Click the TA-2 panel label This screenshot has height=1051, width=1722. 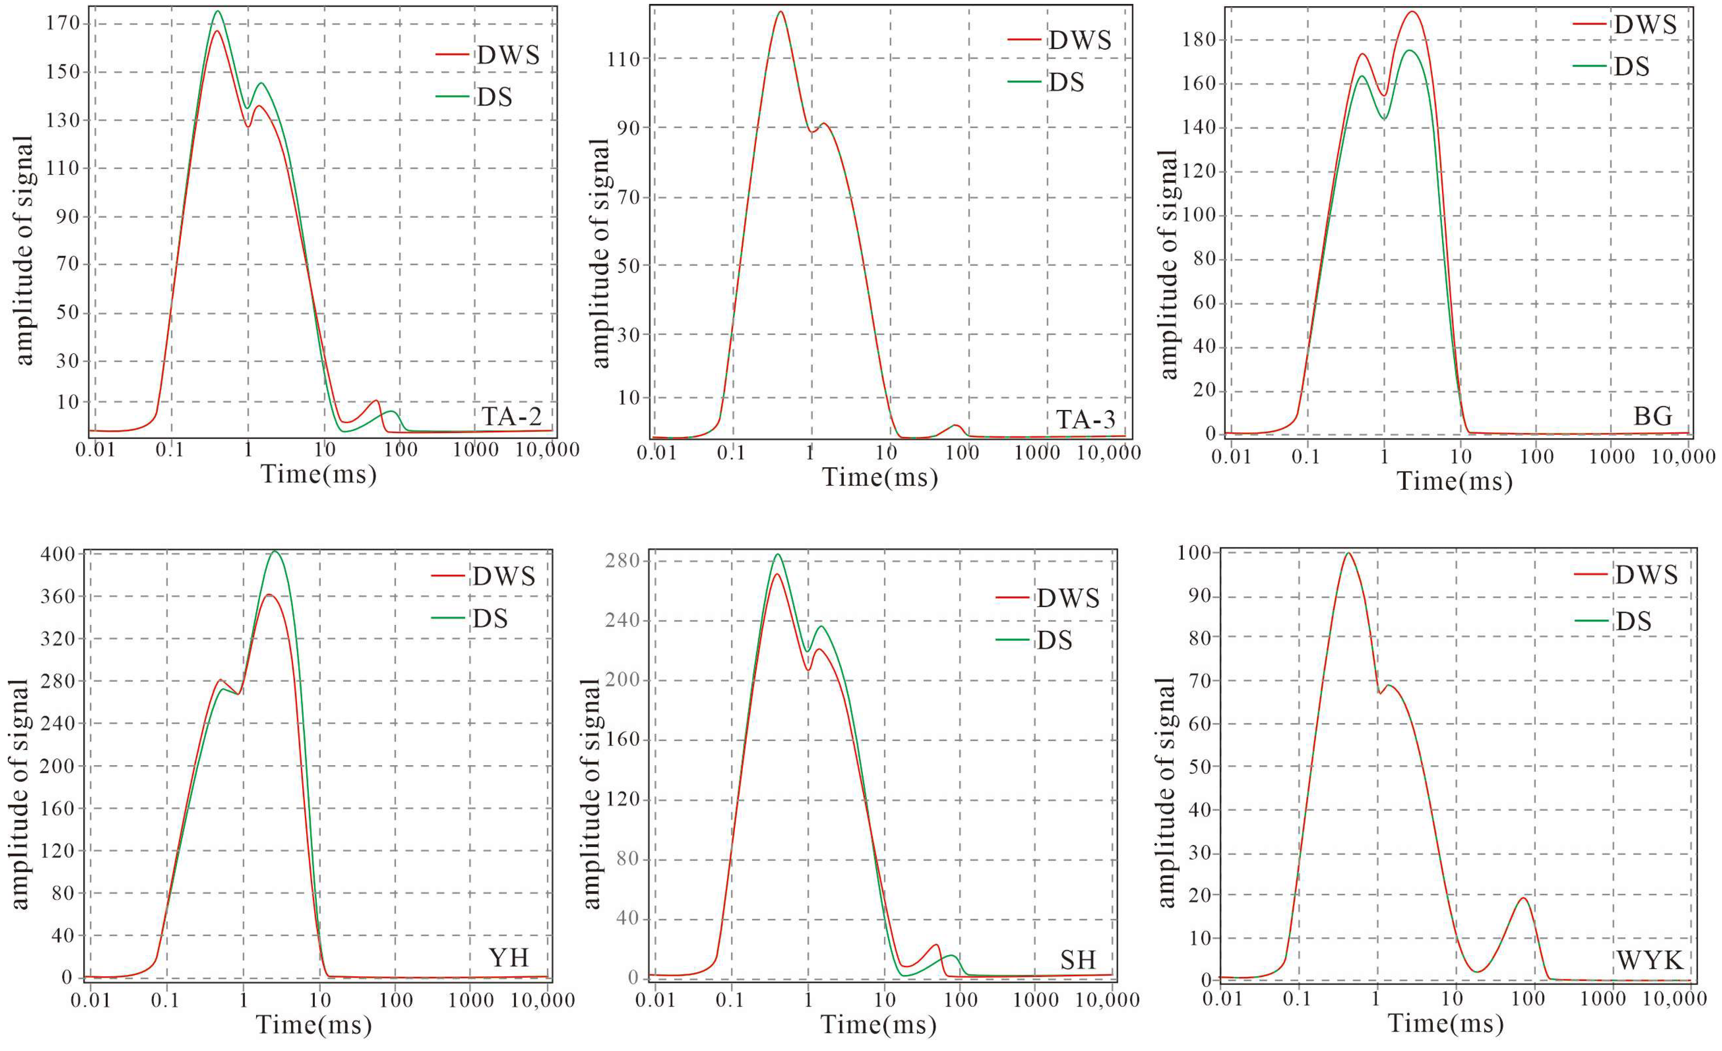click(512, 417)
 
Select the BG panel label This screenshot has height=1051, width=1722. click(1652, 417)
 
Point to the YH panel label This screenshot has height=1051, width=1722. click(509, 957)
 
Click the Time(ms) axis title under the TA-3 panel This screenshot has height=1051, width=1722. click(880, 477)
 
